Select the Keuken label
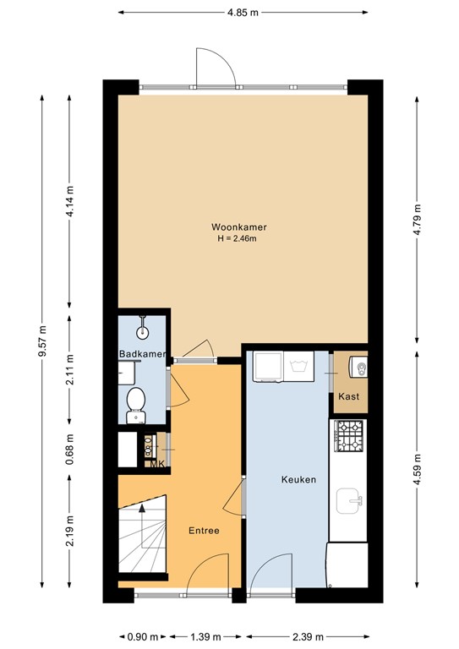coord(299,479)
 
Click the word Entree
coord(205,531)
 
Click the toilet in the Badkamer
coord(135,405)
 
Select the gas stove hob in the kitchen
coord(349,435)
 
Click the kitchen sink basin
coord(349,502)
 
